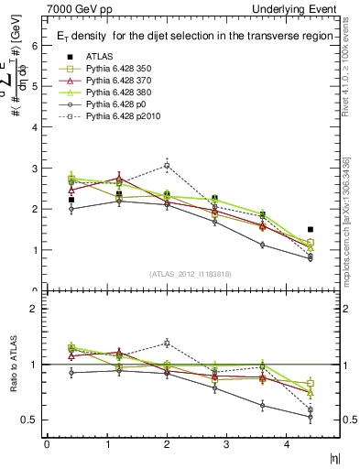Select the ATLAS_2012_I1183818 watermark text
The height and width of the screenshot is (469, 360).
(191, 274)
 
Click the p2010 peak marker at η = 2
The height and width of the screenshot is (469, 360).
(167, 166)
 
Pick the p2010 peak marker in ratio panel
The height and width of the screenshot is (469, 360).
(167, 343)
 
